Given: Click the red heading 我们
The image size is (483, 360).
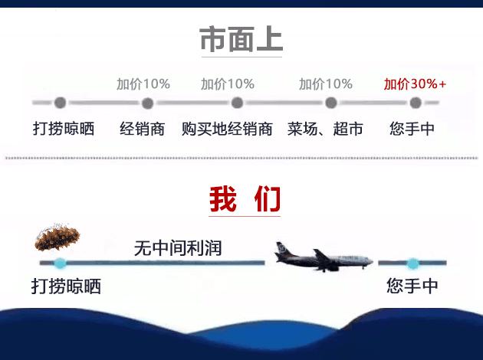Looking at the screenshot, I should tap(245, 200).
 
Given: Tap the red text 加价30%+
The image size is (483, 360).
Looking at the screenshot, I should tap(415, 83).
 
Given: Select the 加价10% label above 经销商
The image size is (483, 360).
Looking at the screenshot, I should tap(143, 83).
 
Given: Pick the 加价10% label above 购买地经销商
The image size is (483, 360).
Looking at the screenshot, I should tap(228, 83).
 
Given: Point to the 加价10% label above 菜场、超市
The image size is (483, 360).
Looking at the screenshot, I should tap(326, 83).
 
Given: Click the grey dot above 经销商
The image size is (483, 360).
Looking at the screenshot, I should tap(147, 103).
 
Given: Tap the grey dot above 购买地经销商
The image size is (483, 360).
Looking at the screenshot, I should tap(237, 103).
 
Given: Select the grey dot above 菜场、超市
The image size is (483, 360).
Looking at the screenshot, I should tap(331, 103).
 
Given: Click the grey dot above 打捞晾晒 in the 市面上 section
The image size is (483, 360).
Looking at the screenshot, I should tap(60, 103).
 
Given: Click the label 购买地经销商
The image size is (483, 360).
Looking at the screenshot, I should tap(228, 129).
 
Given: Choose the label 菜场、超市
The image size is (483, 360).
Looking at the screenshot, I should tap(325, 129).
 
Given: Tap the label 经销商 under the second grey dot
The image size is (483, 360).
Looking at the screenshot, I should tap(143, 129).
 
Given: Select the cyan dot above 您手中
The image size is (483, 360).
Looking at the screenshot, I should tap(412, 263).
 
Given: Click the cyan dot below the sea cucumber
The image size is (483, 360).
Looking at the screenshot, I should tap(61, 263).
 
